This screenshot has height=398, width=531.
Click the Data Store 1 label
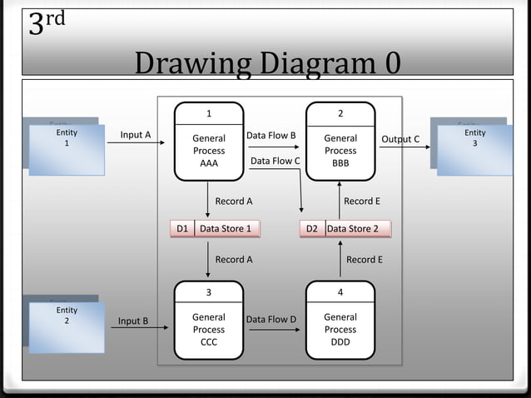click(x=225, y=228)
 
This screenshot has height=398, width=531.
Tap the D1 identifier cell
click(x=182, y=228)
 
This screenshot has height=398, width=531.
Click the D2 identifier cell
click(x=312, y=228)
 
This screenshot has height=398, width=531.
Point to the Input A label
click(x=136, y=135)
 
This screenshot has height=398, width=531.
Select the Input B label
click(x=133, y=321)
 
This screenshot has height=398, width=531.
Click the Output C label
click(x=400, y=139)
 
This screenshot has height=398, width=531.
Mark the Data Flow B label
click(x=271, y=135)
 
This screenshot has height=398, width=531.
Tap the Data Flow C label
click(x=275, y=161)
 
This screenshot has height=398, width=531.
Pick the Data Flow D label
click(x=271, y=319)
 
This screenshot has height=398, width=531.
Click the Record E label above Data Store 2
click(x=362, y=201)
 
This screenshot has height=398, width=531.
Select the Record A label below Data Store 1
click(x=234, y=259)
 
